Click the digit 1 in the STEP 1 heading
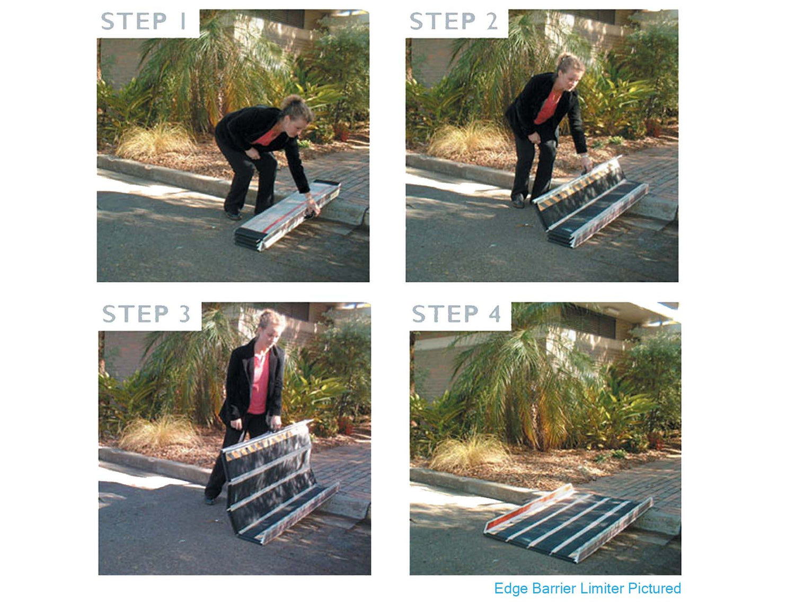pyautogui.click(x=183, y=21)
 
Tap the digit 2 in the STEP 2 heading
pyautogui.click(x=491, y=21)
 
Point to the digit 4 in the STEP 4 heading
pyautogui.click(x=494, y=314)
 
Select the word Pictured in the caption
pyautogui.click(x=654, y=588)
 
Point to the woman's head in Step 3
pyautogui.click(x=270, y=326)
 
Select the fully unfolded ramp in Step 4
pyautogui.click(x=568, y=522)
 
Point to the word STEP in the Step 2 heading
pyautogui.click(x=442, y=21)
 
